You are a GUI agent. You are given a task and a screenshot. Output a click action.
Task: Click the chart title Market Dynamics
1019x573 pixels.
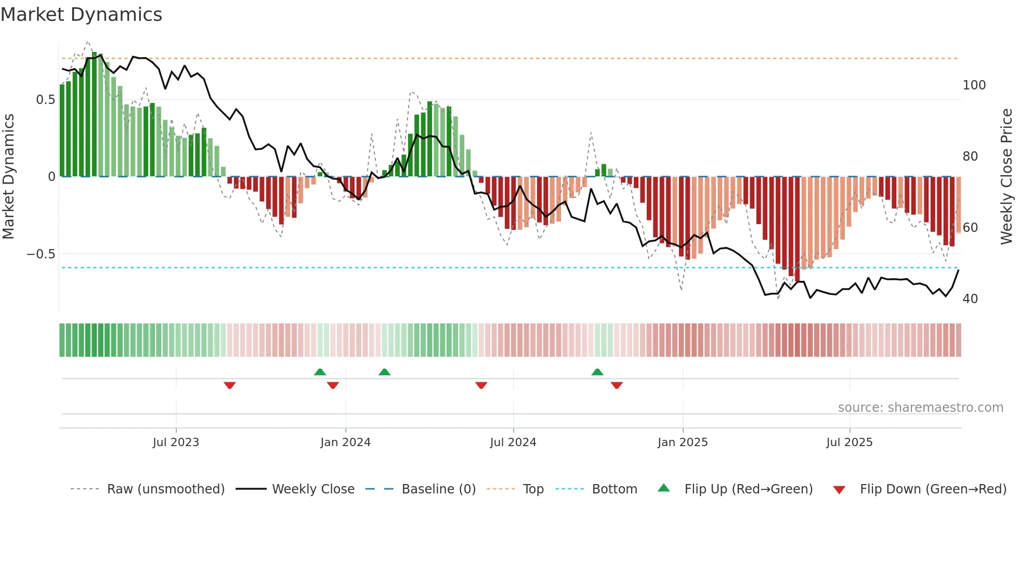tap(82, 15)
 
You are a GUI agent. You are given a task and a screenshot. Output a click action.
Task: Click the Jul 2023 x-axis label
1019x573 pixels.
tap(176, 442)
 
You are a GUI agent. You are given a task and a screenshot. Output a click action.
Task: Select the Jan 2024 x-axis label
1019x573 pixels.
tap(345, 442)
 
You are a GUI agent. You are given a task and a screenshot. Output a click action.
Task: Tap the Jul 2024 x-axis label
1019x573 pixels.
tap(513, 442)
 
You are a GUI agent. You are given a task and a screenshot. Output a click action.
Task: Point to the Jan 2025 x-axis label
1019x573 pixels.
tap(682, 442)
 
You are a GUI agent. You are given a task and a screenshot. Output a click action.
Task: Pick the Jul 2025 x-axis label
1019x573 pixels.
tap(849, 442)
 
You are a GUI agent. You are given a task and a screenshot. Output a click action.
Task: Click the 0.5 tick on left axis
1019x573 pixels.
tap(46, 100)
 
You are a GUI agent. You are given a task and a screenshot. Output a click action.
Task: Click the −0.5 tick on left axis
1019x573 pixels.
tap(41, 254)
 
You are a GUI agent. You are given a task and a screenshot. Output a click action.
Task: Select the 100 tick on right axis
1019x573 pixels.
tap(974, 85)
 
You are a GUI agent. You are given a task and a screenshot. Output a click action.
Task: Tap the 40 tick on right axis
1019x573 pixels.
tap(970, 299)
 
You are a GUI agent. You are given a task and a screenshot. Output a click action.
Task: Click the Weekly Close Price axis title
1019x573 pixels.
tap(1007, 177)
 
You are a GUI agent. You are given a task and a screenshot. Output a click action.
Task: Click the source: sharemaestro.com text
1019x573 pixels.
tap(920, 408)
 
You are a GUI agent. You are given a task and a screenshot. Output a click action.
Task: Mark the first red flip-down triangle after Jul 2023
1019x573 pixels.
tap(230, 385)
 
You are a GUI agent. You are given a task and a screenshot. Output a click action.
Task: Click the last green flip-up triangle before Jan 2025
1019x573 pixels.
tap(597, 372)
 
